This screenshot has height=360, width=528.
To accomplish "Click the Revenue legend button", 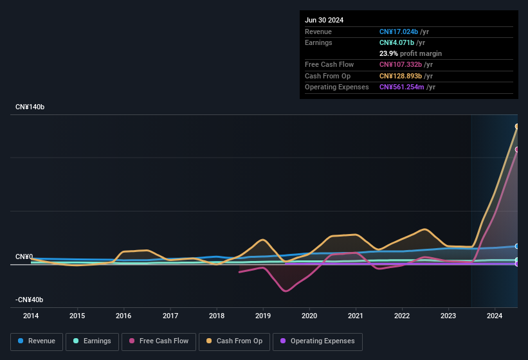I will point(37,341).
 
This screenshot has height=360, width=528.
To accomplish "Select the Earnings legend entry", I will point(92,341).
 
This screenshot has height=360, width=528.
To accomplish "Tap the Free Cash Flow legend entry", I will point(159,341).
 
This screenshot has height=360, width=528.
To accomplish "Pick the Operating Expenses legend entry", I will point(318,341).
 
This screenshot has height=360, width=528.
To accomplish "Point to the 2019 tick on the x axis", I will point(263,316).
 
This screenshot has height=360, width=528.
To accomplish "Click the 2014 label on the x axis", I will point(31,316).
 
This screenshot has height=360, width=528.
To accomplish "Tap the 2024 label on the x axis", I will point(495,316).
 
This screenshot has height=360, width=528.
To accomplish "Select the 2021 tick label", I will point(356,316).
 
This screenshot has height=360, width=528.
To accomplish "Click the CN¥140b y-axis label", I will point(30,107).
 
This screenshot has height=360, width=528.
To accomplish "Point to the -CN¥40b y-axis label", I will point(30,300).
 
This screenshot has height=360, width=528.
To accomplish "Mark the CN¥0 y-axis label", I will point(24,256).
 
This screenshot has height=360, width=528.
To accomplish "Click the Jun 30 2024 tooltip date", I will point(324,20).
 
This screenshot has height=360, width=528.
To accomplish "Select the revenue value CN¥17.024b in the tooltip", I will point(399,32).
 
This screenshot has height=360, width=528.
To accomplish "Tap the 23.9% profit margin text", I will point(410,53).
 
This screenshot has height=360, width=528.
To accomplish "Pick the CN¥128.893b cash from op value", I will point(401,76).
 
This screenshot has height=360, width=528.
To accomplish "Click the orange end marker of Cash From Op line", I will point(517,126).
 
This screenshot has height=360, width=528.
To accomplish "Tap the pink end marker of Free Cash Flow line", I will point(517,149).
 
